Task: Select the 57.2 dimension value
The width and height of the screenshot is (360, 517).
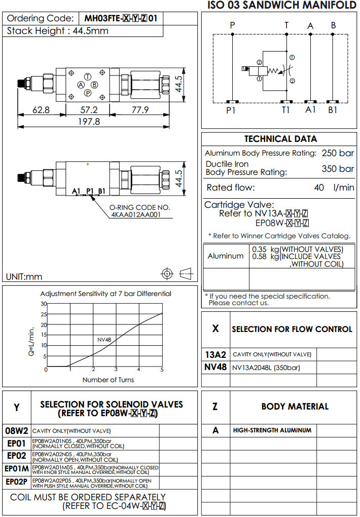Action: click(x=89, y=110)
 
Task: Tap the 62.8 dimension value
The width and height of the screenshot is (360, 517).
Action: click(x=41, y=110)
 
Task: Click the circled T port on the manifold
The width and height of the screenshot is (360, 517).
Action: click(x=88, y=76)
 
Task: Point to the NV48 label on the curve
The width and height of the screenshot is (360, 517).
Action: click(x=104, y=340)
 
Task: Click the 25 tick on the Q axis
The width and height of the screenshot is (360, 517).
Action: click(x=44, y=314)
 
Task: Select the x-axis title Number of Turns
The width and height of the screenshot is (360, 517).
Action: click(x=109, y=380)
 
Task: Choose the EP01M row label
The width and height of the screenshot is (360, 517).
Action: click(x=17, y=468)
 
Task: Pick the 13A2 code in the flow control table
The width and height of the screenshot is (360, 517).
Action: click(x=215, y=354)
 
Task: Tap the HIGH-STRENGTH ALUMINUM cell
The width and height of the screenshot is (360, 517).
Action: click(x=272, y=430)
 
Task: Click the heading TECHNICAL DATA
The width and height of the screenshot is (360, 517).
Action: click(x=280, y=139)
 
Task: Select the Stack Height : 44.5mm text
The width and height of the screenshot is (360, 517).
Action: click(x=58, y=30)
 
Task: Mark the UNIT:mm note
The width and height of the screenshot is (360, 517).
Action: click(x=24, y=277)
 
